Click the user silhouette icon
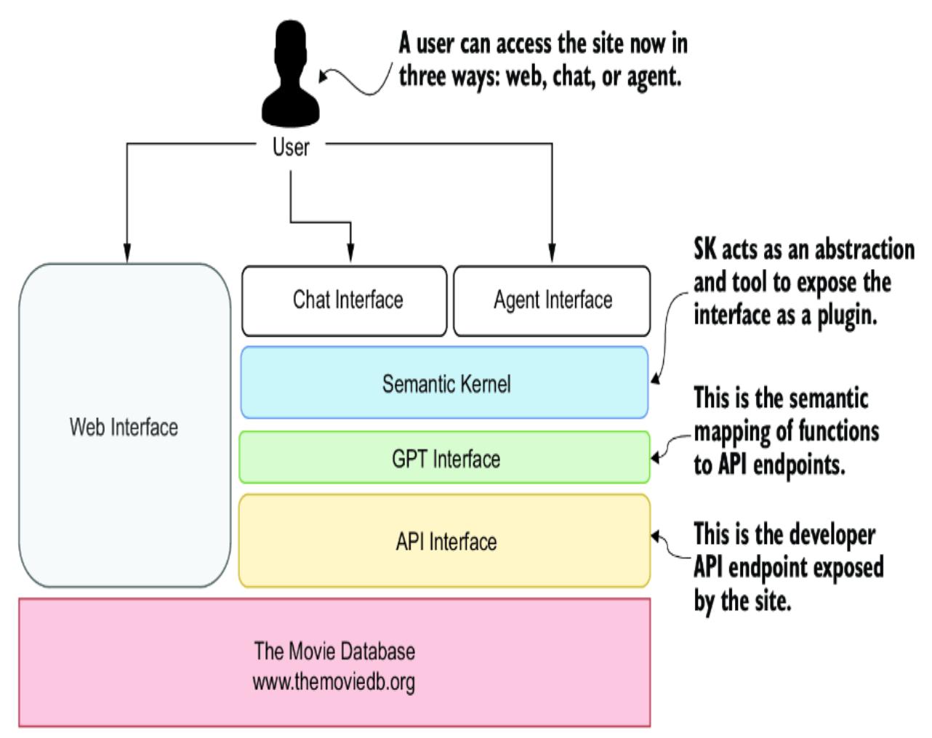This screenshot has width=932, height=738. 291,76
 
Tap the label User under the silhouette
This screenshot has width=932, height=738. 291,148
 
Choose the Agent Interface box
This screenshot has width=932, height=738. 552,300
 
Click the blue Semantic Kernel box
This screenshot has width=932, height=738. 445,383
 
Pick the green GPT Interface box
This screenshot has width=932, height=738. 445,458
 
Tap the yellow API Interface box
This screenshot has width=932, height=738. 445,541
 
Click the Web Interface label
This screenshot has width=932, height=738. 124,427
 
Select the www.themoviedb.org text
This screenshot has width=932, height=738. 334,683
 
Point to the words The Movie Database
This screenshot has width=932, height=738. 334,650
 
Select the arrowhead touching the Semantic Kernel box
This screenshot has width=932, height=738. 655,378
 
